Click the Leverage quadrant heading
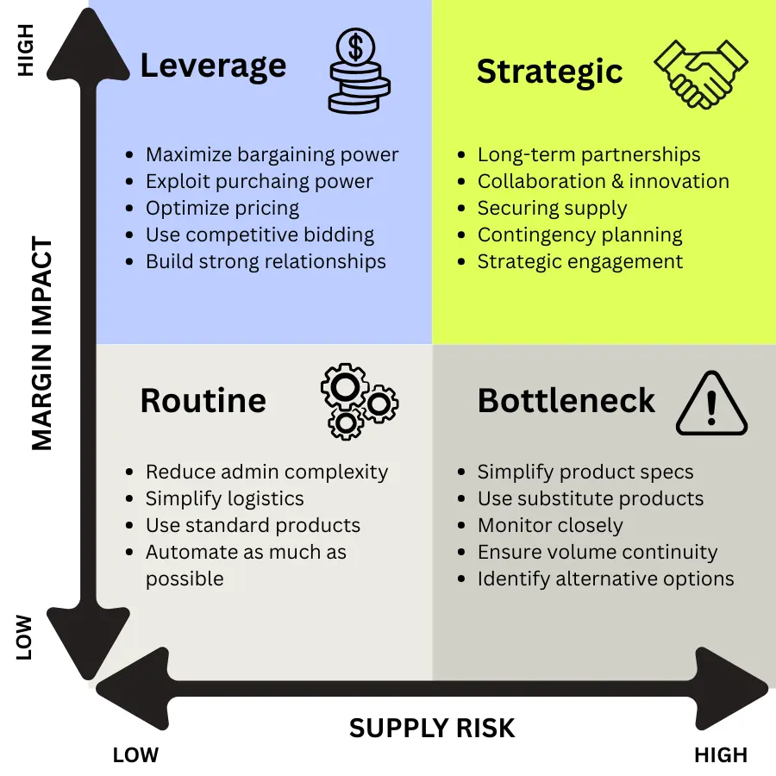[x=213, y=66]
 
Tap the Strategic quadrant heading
[x=549, y=72]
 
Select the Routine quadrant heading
[x=203, y=401]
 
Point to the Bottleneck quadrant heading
[x=566, y=401]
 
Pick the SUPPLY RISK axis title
[x=432, y=729]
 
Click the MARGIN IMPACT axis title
[x=41, y=345]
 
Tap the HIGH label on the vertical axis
[x=26, y=51]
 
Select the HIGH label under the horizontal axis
[x=721, y=756]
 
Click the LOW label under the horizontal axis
[x=135, y=756]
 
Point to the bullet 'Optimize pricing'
[x=222, y=209]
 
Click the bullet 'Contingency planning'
[x=579, y=235]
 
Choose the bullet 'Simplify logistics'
[x=224, y=498]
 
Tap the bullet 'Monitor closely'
[x=550, y=525]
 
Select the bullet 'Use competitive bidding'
[x=260, y=235]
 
